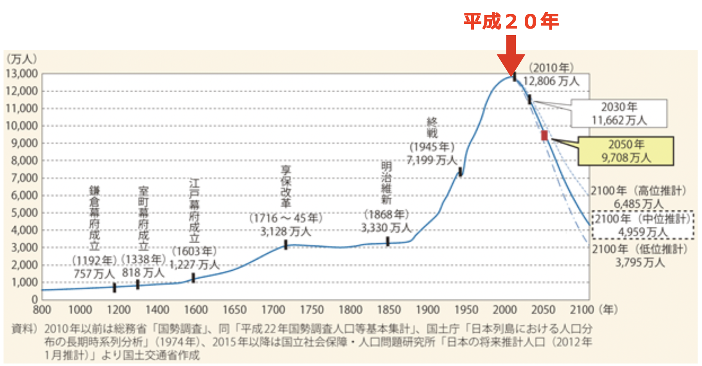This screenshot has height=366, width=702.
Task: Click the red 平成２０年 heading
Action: tap(511, 21)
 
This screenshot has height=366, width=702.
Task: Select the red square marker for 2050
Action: tap(544, 135)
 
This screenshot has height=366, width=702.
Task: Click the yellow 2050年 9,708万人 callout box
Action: tap(626, 151)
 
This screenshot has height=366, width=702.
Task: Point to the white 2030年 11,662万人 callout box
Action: tap(619, 113)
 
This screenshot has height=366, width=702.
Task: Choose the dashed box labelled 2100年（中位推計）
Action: tap(643, 225)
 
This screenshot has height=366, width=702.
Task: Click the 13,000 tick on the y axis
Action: tap(22, 74)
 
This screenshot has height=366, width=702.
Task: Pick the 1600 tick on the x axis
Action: tap(196, 310)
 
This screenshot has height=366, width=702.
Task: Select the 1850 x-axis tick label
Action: tap(389, 310)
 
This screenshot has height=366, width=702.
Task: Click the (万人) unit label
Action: tap(22, 59)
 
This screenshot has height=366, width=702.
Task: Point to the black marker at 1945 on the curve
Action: tap(461, 172)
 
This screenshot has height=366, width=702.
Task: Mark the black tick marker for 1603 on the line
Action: tap(193, 278)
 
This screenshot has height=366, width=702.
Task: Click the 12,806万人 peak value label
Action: tap(551, 81)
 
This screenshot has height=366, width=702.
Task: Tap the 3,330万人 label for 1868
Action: tap(386, 228)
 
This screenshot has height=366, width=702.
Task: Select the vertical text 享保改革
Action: tap(286, 187)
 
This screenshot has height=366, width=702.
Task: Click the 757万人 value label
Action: tap(94, 273)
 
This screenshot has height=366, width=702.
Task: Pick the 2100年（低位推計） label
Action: tap(639, 249)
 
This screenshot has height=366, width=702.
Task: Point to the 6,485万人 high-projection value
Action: tap(638, 204)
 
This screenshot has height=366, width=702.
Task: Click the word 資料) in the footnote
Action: tap(24, 329)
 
